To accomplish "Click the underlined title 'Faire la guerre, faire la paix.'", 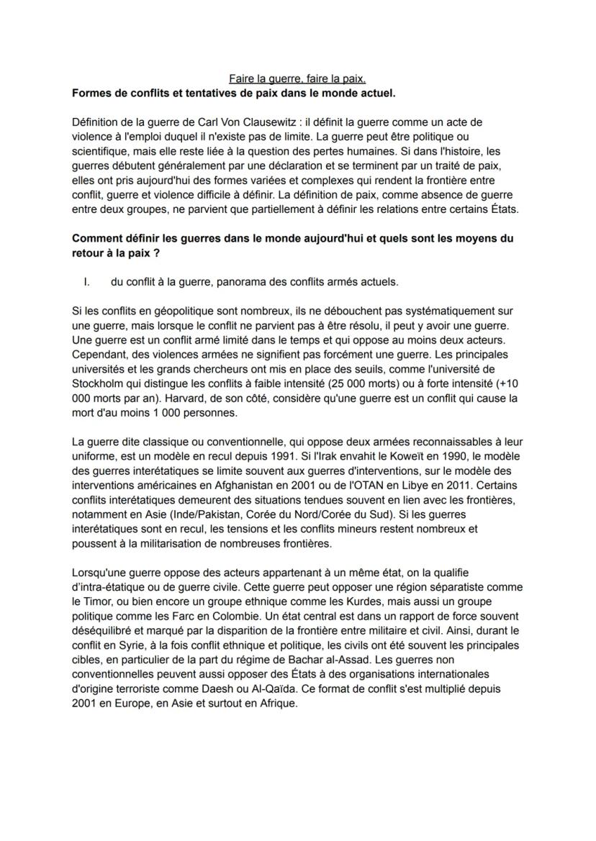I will click(x=297, y=79).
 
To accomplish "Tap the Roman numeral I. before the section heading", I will click(x=88, y=282).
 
